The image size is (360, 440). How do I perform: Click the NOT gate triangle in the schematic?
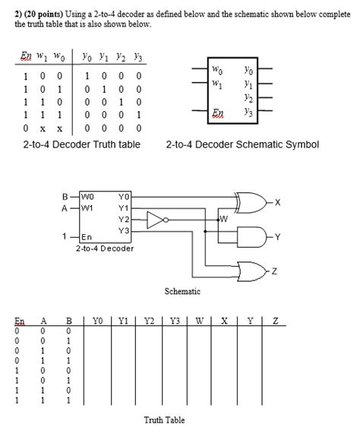156,220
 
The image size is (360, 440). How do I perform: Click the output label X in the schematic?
278,202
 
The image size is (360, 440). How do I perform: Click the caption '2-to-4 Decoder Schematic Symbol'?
242,144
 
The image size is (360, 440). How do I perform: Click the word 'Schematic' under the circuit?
182,291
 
